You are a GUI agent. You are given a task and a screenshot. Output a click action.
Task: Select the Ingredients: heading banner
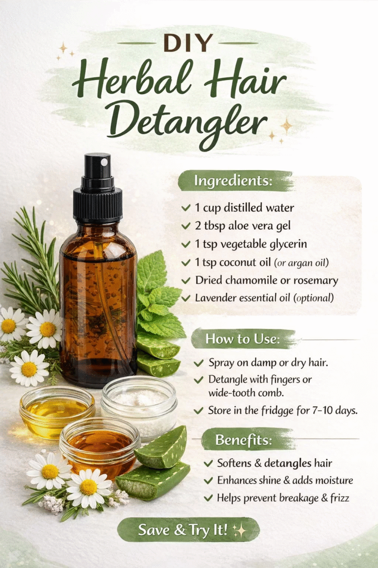(233, 181)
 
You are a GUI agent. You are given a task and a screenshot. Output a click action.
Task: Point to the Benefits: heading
(243, 439)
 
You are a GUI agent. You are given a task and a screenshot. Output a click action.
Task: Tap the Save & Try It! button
(188, 530)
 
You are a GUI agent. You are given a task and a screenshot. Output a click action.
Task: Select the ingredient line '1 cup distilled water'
(244, 208)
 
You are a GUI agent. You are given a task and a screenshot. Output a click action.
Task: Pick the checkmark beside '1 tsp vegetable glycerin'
(186, 245)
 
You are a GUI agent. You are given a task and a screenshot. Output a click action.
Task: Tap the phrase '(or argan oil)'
(297, 262)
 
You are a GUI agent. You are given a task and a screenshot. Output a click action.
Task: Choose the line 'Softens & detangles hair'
(275, 463)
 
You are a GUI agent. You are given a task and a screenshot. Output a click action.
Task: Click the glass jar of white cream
(139, 404)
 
